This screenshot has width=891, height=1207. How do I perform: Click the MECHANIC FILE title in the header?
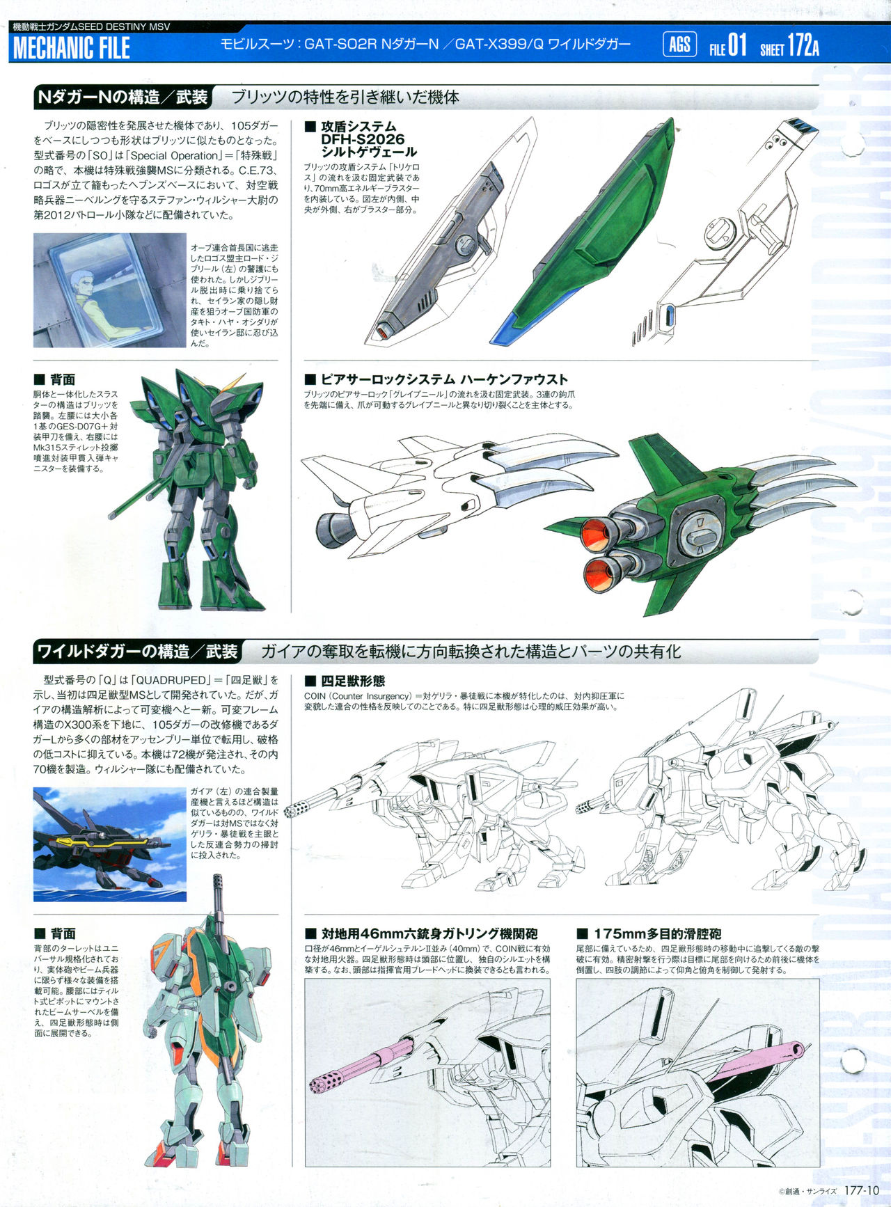pyautogui.click(x=72, y=48)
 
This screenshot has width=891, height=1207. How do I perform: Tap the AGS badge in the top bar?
pyautogui.click(x=679, y=45)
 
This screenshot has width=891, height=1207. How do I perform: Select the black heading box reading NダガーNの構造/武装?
pyautogui.click(x=123, y=97)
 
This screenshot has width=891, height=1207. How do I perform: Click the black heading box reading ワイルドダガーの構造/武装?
pyautogui.click(x=137, y=652)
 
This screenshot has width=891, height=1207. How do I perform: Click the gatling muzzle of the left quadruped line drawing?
pyautogui.click(x=290, y=812)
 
